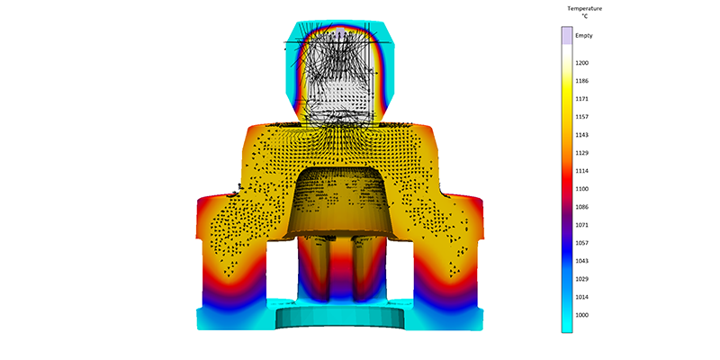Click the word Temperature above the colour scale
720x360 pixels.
pos(584,8)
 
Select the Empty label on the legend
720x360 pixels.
pos(584,35)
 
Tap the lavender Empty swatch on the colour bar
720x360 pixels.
pos(567,35)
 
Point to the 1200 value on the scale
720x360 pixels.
pos(582,63)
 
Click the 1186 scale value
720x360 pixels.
pos(582,81)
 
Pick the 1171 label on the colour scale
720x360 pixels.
pos(582,99)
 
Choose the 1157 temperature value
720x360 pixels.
pos(582,117)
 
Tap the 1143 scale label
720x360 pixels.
pos(582,135)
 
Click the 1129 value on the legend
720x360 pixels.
pos(582,153)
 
